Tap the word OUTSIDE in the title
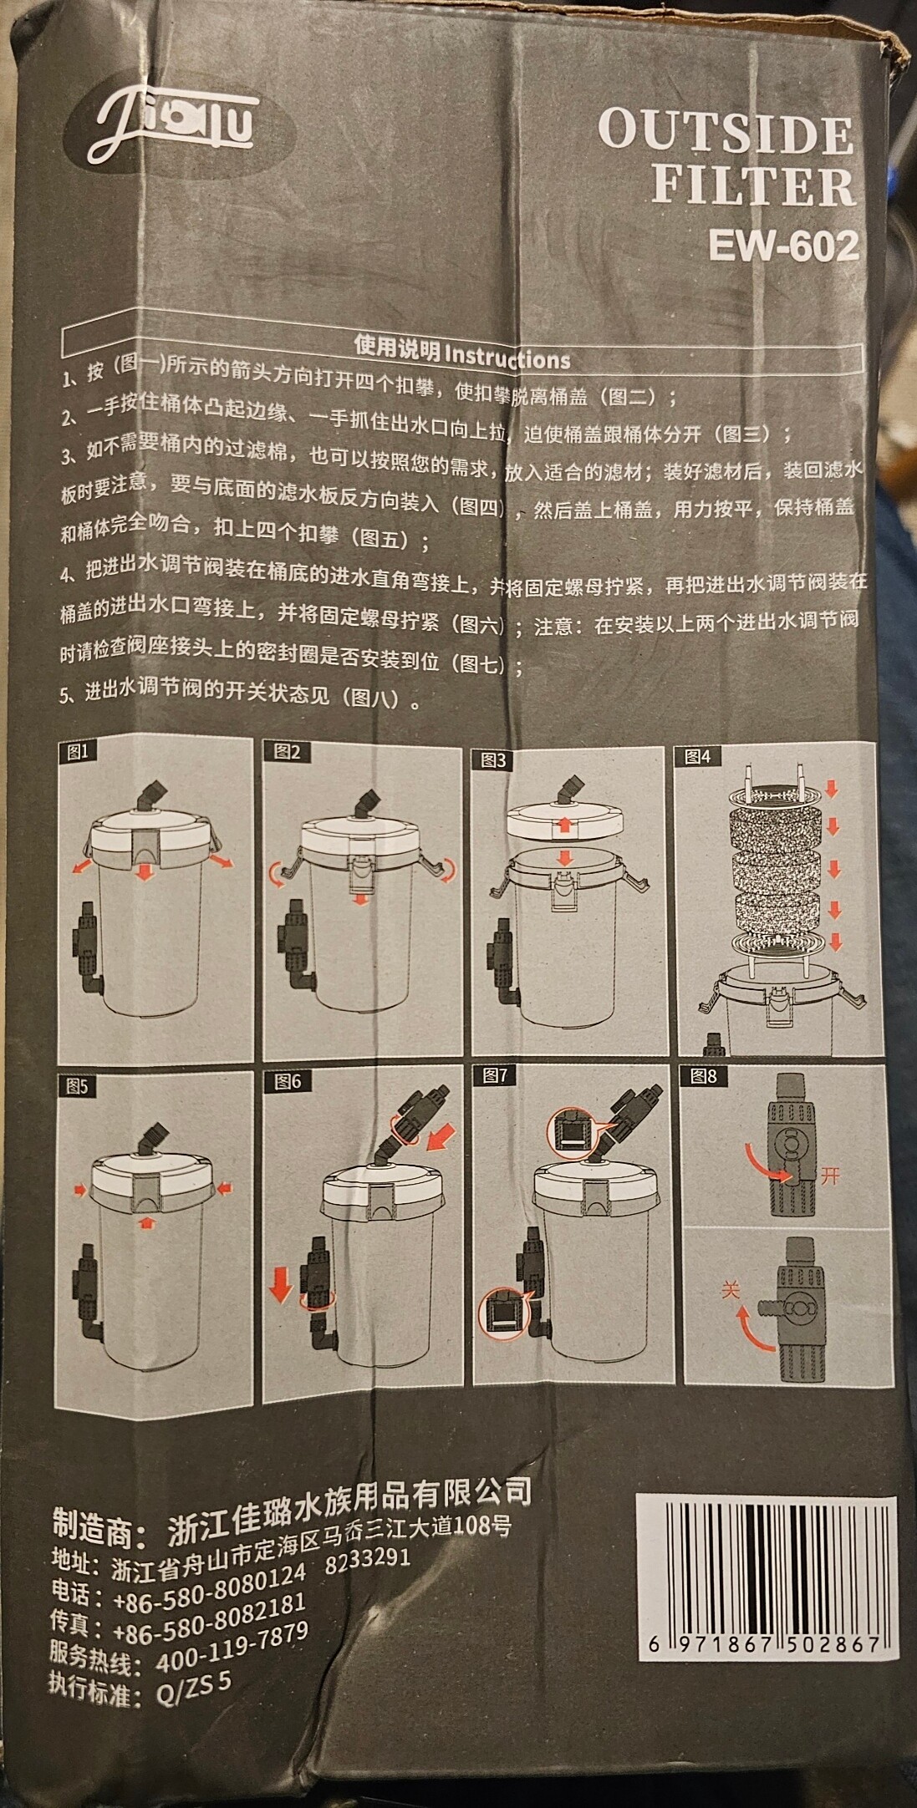[x=726, y=133]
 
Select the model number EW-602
[x=783, y=247]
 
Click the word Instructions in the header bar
[x=507, y=358]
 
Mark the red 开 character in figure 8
[x=828, y=1177]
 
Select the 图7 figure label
[x=495, y=1075]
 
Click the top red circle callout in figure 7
[x=572, y=1134]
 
